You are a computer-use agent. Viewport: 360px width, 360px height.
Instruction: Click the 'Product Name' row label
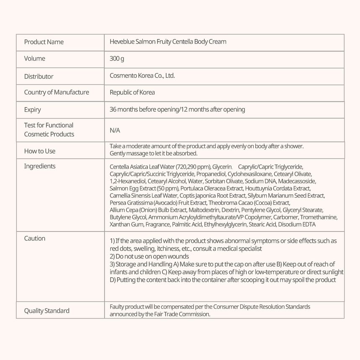[44, 42]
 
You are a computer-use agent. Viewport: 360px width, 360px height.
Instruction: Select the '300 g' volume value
[117, 59]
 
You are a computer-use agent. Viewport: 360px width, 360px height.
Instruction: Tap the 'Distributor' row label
[39, 76]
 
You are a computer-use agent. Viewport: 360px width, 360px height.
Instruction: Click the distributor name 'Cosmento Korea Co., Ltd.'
[142, 76]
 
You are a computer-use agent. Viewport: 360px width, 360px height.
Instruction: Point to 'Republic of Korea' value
[132, 93]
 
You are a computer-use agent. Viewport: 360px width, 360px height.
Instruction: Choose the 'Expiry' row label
[33, 110]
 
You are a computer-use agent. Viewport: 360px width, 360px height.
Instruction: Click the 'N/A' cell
[115, 130]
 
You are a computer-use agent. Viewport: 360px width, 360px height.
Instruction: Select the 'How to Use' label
[40, 151]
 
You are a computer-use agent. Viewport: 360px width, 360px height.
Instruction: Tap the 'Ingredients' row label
[40, 166]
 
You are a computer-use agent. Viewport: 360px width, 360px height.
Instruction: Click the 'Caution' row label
[35, 238]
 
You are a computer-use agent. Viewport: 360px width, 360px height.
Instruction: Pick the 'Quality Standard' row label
[47, 311]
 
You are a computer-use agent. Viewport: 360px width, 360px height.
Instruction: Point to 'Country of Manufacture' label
[57, 93]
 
